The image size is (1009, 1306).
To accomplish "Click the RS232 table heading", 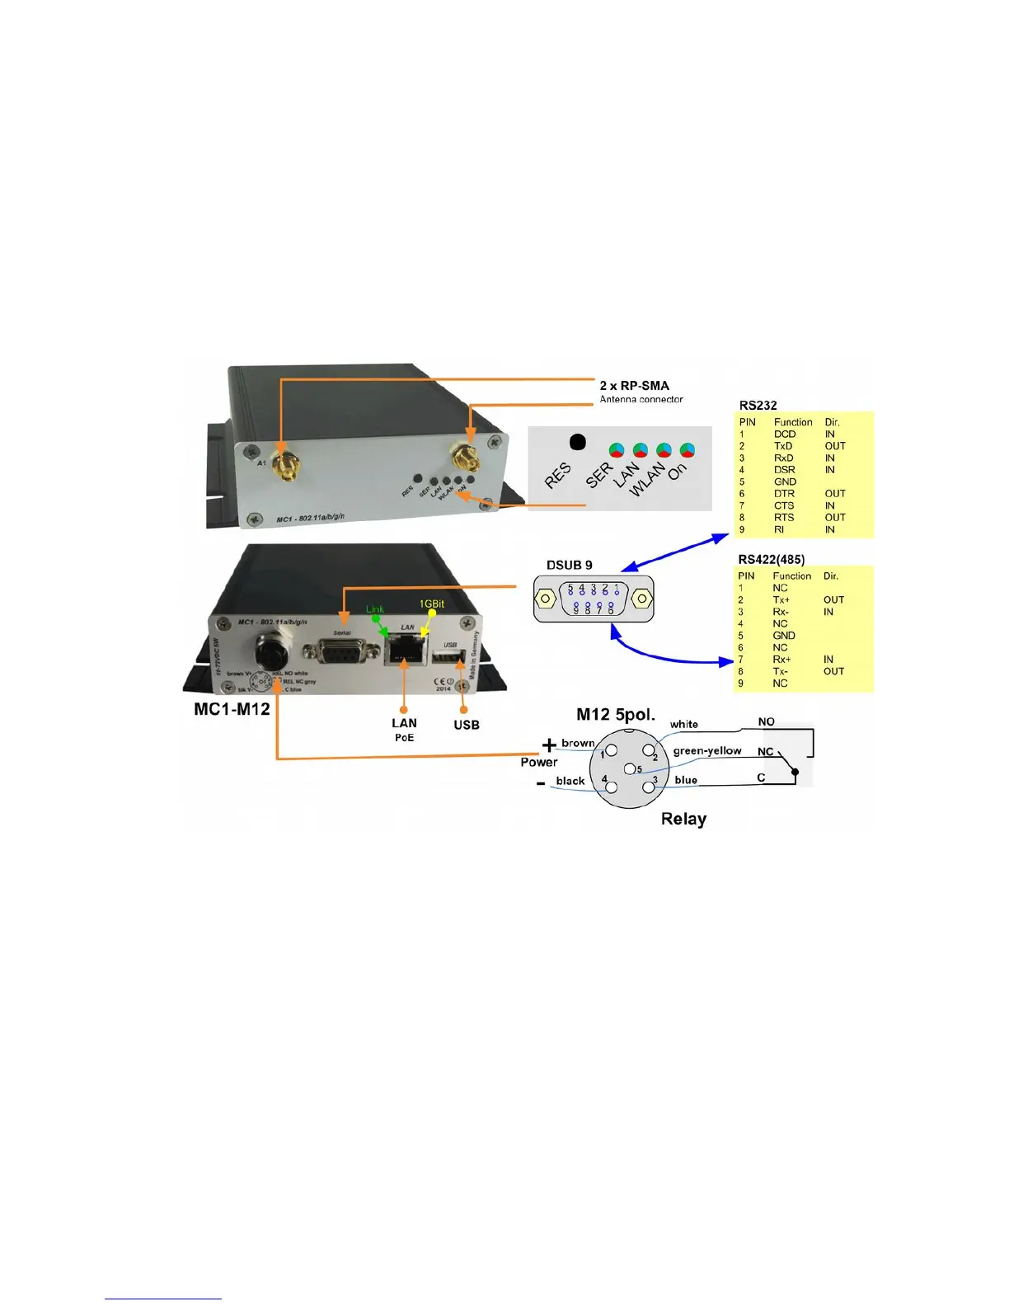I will [x=758, y=406].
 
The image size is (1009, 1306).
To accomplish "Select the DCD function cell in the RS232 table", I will [x=784, y=435].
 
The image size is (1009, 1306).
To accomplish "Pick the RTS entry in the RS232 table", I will [x=784, y=518].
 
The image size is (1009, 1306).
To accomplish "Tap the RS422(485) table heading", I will [x=771, y=560].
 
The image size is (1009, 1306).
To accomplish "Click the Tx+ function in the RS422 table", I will [x=781, y=600].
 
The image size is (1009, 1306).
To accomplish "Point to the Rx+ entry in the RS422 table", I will [x=781, y=660].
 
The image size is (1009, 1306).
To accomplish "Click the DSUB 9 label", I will [x=569, y=566].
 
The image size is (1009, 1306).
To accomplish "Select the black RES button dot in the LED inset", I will [x=578, y=443].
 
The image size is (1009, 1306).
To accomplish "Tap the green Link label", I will [x=375, y=609].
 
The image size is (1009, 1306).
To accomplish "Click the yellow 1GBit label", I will [x=432, y=604].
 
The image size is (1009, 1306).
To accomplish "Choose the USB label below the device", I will [x=466, y=726].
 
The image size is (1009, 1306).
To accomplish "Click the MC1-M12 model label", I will [x=232, y=710].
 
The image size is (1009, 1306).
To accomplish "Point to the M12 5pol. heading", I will [x=615, y=714].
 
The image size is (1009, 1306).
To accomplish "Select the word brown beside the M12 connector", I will [x=578, y=743].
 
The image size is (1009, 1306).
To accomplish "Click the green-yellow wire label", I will [x=707, y=751].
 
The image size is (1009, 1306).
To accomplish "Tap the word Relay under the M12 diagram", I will [x=683, y=820].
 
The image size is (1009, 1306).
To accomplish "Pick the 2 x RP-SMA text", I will [x=634, y=386].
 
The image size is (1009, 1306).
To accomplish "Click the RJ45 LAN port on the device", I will [x=404, y=651].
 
